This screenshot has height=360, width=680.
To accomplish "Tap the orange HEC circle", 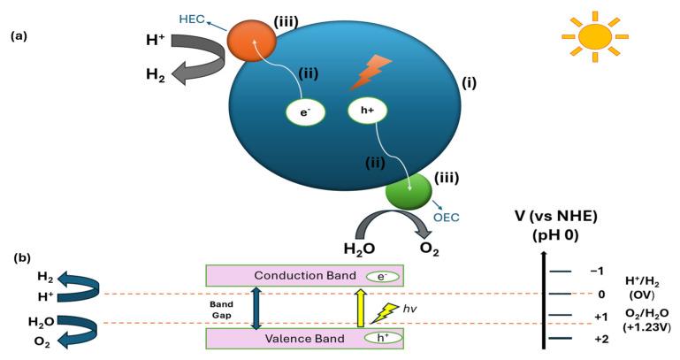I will coord(253,42).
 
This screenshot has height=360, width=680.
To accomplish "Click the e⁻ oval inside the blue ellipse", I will coord(305,111).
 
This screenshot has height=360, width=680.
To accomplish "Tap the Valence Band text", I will coord(297,337).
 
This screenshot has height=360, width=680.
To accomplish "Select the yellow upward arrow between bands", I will coord(360,306).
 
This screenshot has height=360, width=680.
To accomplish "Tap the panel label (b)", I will coord(25,259).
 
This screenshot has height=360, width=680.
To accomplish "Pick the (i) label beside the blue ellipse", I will coord(469,85).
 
